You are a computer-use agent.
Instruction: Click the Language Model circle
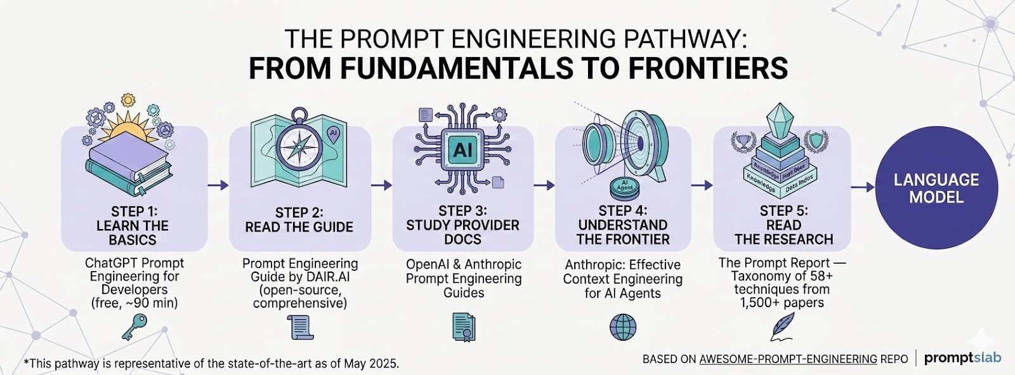[936, 188]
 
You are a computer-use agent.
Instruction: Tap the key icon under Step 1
[134, 329]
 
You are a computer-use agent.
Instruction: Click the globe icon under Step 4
[622, 327]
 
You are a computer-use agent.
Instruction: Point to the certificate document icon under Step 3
[464, 327]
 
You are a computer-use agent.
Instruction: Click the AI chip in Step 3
[462, 150]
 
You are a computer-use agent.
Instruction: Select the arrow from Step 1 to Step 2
[218, 185]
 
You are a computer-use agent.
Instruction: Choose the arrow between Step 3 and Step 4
[544, 185]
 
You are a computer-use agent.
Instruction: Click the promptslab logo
[962, 358]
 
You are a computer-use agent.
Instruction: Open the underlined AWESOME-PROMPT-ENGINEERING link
[788, 359]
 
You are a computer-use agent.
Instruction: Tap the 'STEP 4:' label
[622, 211]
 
